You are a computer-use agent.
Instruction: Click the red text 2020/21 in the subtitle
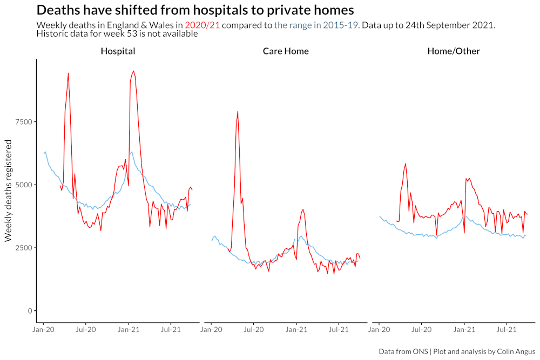pyautogui.click(x=202, y=25)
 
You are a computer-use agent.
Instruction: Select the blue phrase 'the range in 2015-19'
pyautogui.click(x=315, y=25)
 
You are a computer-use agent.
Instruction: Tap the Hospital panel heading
pyautogui.click(x=118, y=51)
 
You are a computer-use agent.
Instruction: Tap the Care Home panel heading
pyautogui.click(x=286, y=51)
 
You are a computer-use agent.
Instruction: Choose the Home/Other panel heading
pyautogui.click(x=453, y=51)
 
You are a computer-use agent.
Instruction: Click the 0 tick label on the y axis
pyautogui.click(x=30, y=311)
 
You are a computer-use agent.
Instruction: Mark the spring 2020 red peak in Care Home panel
pyautogui.click(x=238, y=112)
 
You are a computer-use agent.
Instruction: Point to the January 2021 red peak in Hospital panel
pyautogui.click(x=133, y=71)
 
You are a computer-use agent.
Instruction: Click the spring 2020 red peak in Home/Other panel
pyautogui.click(x=406, y=164)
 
